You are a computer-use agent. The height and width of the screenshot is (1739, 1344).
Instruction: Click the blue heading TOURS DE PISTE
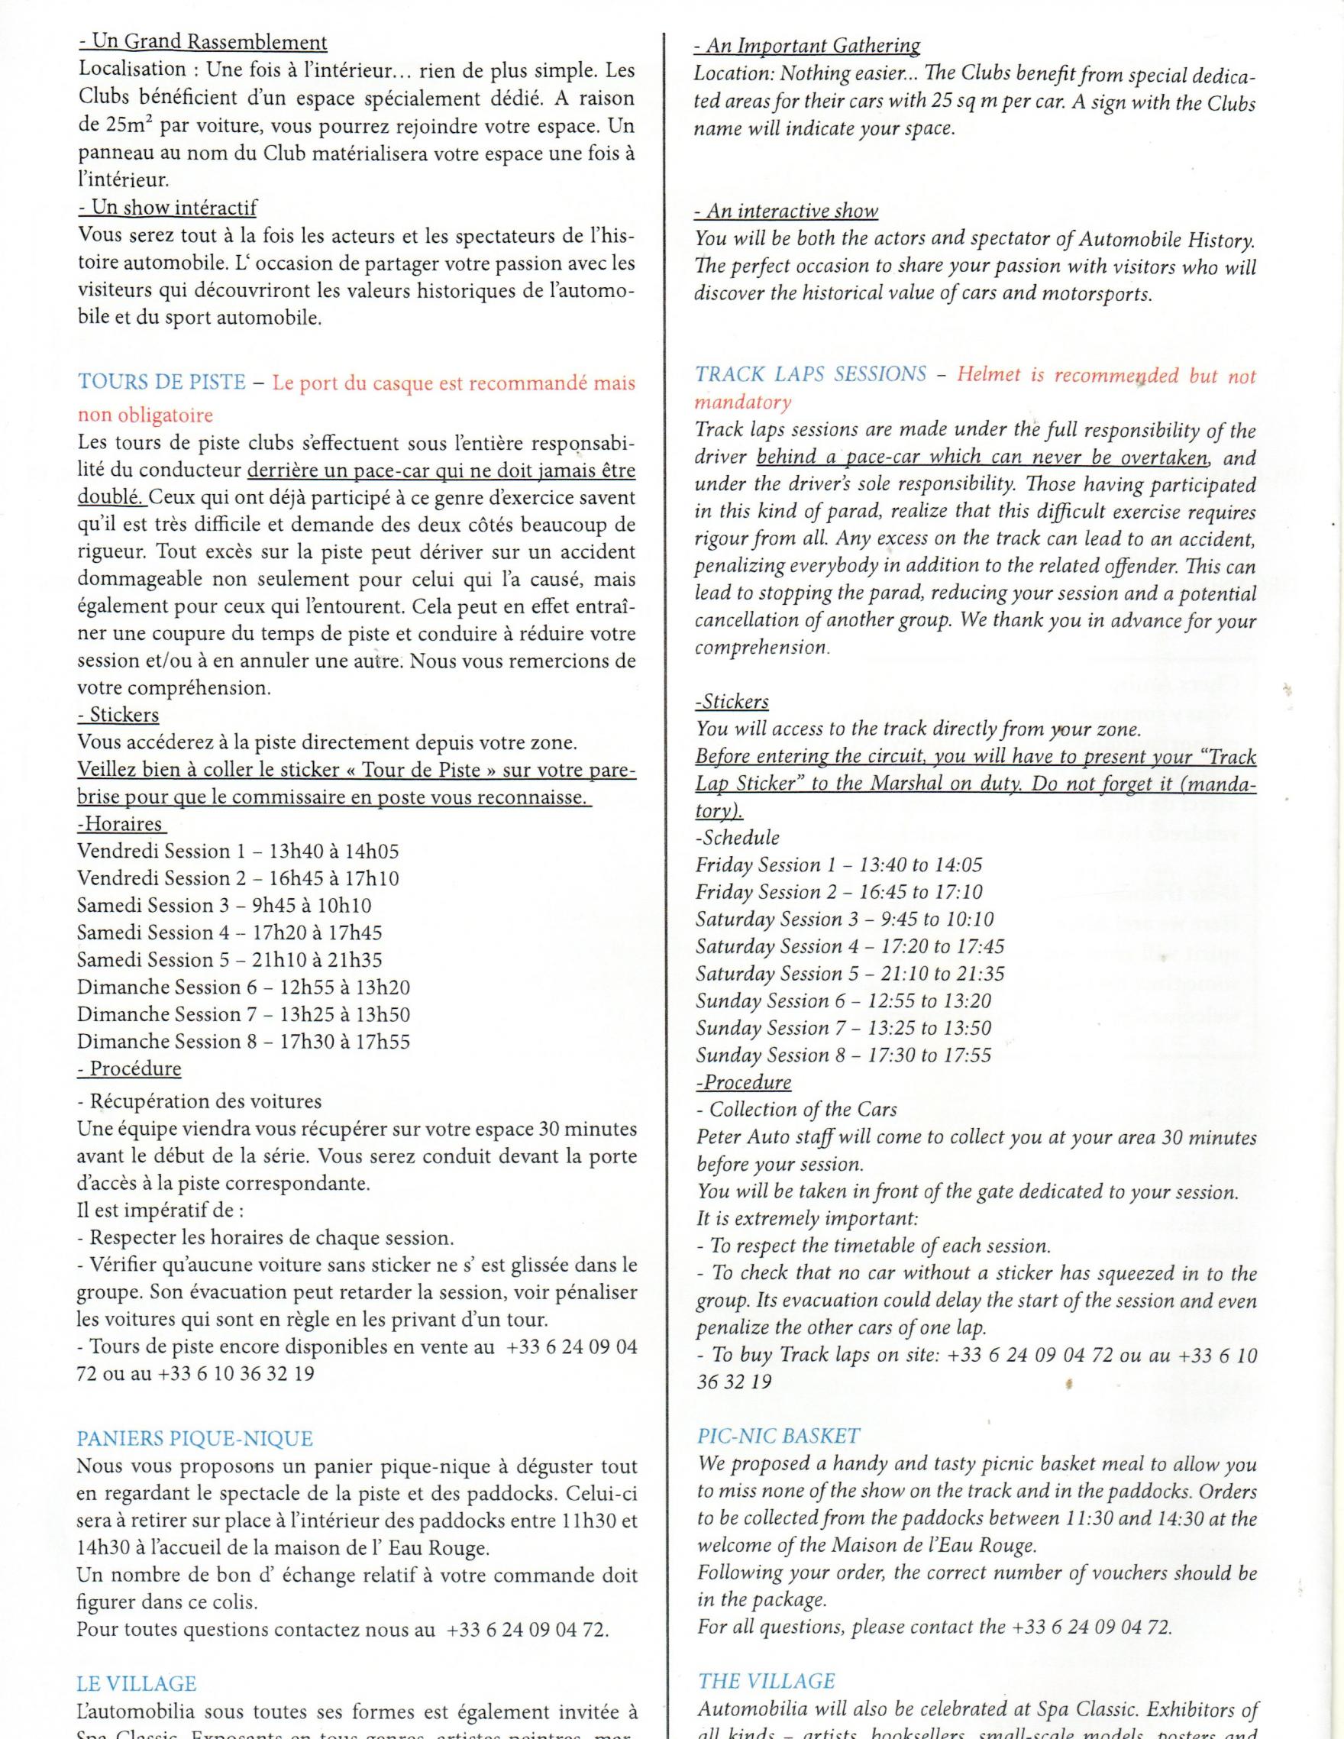pyautogui.click(x=162, y=382)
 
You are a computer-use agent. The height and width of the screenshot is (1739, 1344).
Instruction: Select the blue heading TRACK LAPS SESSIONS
pyautogui.click(x=810, y=374)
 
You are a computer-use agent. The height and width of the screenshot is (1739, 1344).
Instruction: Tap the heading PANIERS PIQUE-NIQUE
pyautogui.click(x=195, y=1439)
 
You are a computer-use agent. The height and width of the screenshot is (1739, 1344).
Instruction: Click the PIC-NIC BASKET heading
pyautogui.click(x=779, y=1436)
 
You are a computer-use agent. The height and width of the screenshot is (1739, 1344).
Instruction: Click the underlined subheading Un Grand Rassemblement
pyautogui.click(x=202, y=42)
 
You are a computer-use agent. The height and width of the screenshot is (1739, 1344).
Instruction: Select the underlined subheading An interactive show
pyautogui.click(x=786, y=211)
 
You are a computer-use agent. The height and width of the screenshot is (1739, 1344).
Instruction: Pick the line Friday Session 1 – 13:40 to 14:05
pyautogui.click(x=839, y=865)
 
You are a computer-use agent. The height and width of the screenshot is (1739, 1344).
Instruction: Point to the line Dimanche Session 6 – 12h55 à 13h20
pyautogui.click(x=244, y=987)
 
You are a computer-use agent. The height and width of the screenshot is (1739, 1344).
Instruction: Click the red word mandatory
pyautogui.click(x=744, y=402)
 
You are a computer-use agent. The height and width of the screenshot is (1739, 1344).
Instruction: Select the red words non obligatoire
pyautogui.click(x=146, y=415)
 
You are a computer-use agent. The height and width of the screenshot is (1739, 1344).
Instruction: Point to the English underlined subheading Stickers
pyautogui.click(x=732, y=703)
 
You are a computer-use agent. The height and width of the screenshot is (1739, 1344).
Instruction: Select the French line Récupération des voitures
pyautogui.click(x=200, y=1101)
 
